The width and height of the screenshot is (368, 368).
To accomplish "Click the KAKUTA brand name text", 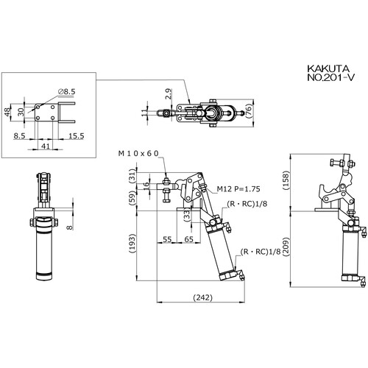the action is [x=328, y=68].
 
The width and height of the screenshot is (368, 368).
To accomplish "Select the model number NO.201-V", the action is [x=331, y=78].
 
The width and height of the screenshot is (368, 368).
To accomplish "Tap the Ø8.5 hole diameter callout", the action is [x=67, y=92].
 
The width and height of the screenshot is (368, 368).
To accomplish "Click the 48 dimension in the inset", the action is [x=8, y=113].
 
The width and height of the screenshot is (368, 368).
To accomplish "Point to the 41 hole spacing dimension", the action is [x=46, y=146].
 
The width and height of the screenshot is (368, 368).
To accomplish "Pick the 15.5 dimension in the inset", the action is [x=77, y=136].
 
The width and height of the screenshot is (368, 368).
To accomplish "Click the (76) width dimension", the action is [x=249, y=111].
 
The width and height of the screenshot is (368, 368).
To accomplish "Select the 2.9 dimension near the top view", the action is [x=169, y=94].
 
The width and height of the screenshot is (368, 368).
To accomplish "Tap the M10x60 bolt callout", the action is [x=138, y=154].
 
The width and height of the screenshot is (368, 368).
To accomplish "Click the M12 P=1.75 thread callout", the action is [x=238, y=189].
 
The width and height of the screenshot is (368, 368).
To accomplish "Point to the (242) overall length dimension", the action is [x=203, y=297].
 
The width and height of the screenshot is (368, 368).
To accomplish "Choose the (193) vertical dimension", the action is [x=132, y=244].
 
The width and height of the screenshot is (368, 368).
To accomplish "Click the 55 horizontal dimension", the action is [x=167, y=239].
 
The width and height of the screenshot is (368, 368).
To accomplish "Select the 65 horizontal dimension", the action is [x=188, y=239].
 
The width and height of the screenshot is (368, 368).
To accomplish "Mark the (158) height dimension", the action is [x=286, y=180].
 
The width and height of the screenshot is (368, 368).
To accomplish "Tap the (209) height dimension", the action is [x=286, y=247].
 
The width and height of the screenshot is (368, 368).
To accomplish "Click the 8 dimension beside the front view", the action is [x=70, y=227].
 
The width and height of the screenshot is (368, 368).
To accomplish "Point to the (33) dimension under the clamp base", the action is [x=187, y=215].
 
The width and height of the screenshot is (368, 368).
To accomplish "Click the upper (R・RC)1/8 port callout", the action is [x=247, y=204].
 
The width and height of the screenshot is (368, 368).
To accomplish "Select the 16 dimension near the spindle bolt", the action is [x=146, y=185].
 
